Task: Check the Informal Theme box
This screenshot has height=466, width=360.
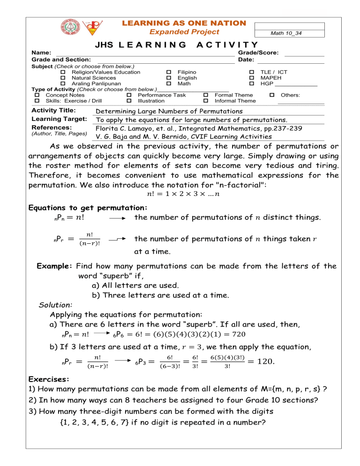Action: pyautogui.click(x=205, y=101)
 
